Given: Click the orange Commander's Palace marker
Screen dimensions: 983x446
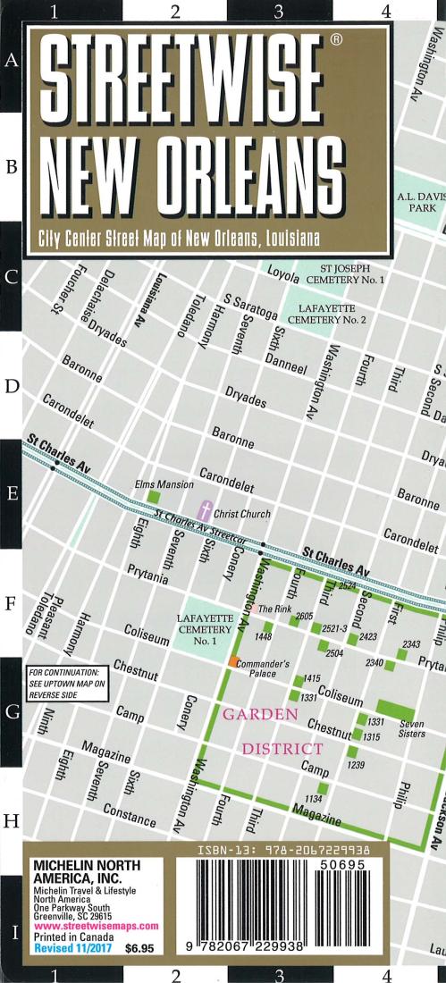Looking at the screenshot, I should coord(233,661).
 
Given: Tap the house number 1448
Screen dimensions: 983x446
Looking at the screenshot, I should coord(263,636).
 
